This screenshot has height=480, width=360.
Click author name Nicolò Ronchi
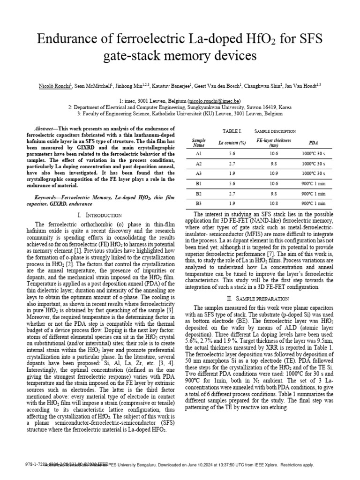[x=52, y=86]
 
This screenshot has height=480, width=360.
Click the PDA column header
[x=313, y=142]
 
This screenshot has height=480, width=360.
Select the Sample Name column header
[x=199, y=142]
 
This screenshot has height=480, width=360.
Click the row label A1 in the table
[x=199, y=154]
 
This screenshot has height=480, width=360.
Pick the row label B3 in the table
[x=199, y=203]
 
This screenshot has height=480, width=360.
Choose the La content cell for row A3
[x=232, y=173]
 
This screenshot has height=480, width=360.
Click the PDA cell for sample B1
[x=313, y=183]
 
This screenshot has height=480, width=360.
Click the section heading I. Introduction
[x=93, y=215]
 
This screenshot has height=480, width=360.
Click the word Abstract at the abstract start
[x=46, y=128]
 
